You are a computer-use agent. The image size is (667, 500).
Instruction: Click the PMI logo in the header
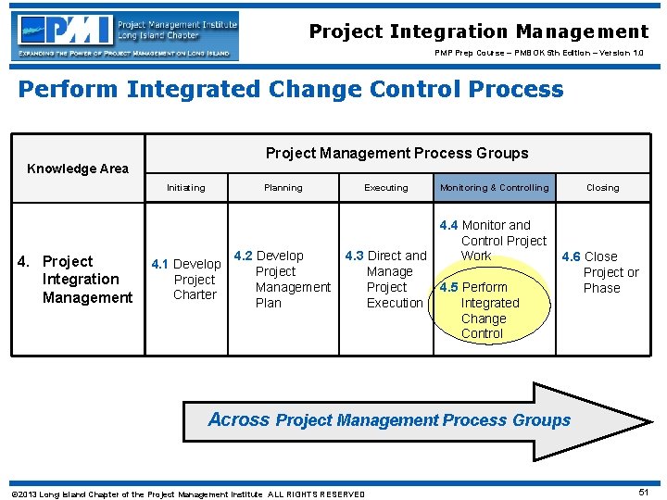126,35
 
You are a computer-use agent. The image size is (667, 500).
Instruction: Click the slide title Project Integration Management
478,31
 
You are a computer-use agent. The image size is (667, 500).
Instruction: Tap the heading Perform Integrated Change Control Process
290,90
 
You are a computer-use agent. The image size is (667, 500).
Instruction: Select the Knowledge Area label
78,169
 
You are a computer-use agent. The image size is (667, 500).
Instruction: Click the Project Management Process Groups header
396,153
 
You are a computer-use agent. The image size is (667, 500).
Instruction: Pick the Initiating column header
185,188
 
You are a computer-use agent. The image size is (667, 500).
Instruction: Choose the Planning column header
283,188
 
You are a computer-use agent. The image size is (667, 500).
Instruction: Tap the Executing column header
385,188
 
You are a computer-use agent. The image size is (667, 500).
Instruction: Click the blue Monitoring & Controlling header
494,188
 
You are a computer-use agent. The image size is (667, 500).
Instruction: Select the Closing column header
602,188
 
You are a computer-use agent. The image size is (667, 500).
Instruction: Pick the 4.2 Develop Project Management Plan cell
282,279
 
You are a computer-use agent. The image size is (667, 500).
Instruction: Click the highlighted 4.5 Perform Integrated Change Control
483,310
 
